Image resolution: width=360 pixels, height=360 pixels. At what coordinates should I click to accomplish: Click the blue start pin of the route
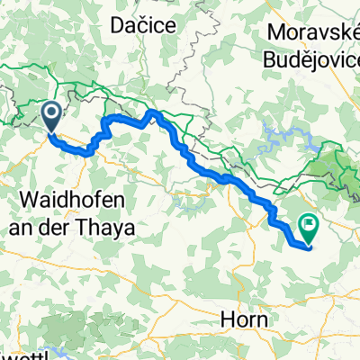coord(51,114)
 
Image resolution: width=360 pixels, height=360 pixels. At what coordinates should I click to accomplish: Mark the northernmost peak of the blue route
coord(153,112)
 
